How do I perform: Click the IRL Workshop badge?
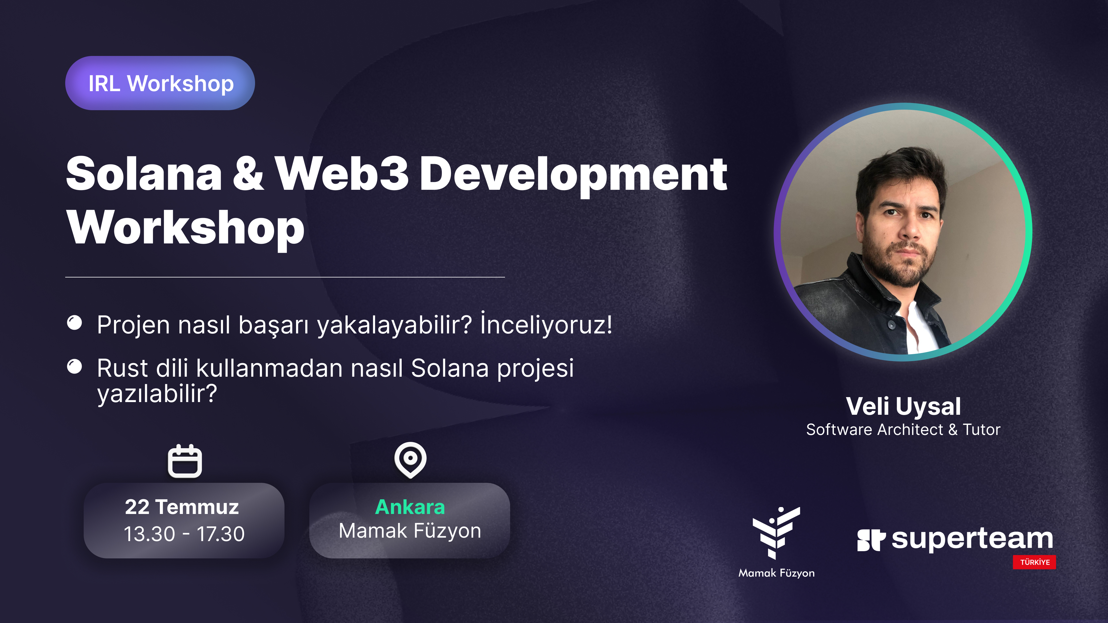click(160, 83)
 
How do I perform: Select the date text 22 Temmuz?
click(182, 507)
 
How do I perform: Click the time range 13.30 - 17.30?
click(184, 534)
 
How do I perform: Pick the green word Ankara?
click(410, 507)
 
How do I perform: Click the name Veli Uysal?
click(903, 407)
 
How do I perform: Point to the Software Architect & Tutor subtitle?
click(903, 429)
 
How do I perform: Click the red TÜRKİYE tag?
click(1034, 562)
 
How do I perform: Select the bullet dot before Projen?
click(74, 323)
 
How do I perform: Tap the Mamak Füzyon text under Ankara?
click(410, 531)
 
